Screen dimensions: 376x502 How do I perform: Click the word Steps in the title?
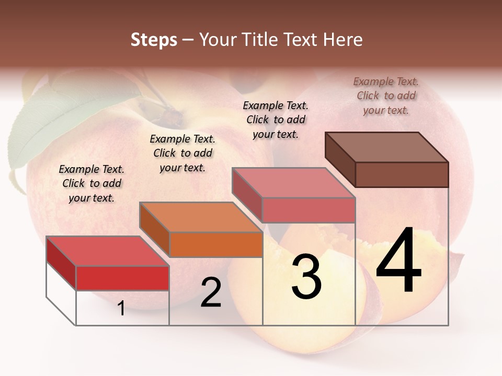[x=154, y=40]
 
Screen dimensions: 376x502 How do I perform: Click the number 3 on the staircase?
[x=306, y=277]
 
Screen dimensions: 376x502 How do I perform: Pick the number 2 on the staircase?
[x=211, y=292]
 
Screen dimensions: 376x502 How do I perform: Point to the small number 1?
[x=121, y=309]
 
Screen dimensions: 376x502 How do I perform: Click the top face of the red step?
[x=107, y=251]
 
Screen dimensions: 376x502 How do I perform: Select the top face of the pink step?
[x=293, y=183]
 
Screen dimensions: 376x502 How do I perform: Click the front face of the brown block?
[x=402, y=174]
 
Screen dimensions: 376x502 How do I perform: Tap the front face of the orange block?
[x=216, y=244]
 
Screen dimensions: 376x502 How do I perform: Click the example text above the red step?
[x=92, y=183]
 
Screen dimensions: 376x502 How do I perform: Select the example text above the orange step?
[x=182, y=153]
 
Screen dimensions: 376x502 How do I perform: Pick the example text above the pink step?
[x=276, y=120]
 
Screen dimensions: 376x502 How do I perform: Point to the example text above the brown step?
[x=386, y=96]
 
